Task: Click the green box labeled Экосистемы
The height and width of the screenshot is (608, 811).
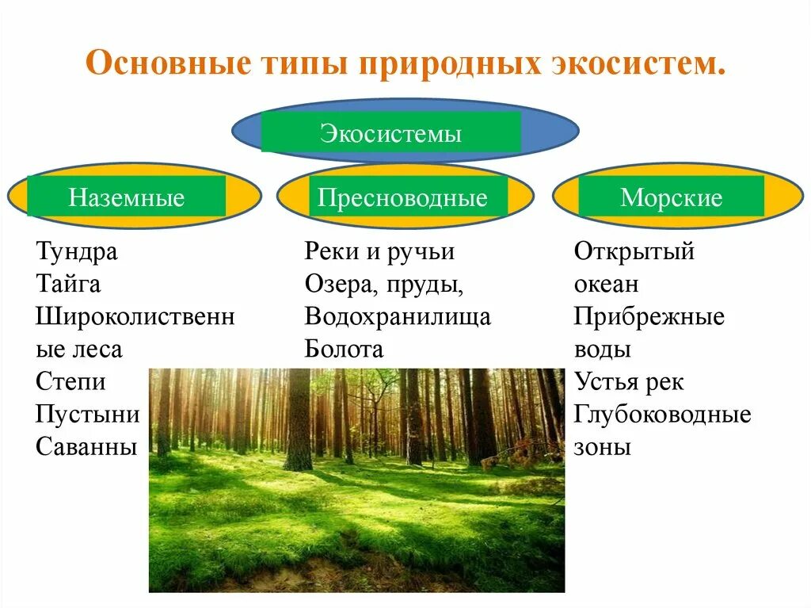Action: [390, 132]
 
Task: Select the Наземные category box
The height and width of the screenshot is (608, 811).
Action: [127, 197]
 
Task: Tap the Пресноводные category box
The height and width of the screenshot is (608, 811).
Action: [402, 197]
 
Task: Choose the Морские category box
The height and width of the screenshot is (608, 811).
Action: [671, 197]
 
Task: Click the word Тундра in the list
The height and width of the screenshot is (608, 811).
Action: [77, 252]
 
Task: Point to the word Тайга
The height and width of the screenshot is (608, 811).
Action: [68, 284]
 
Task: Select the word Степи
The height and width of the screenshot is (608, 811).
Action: [70, 382]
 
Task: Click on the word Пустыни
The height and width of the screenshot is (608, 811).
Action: [87, 415]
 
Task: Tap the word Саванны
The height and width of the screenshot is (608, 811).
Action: [86, 447]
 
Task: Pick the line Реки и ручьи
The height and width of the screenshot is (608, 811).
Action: [379, 252]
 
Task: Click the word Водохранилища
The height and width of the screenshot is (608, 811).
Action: [398, 317]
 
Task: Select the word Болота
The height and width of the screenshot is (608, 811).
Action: [344, 350]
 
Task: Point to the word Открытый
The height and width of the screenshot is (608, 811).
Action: [634, 252]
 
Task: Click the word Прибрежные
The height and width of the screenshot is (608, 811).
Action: [649, 317]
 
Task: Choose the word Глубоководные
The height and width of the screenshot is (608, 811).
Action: [662, 415]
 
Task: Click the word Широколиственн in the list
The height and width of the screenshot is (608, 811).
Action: [135, 317]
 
